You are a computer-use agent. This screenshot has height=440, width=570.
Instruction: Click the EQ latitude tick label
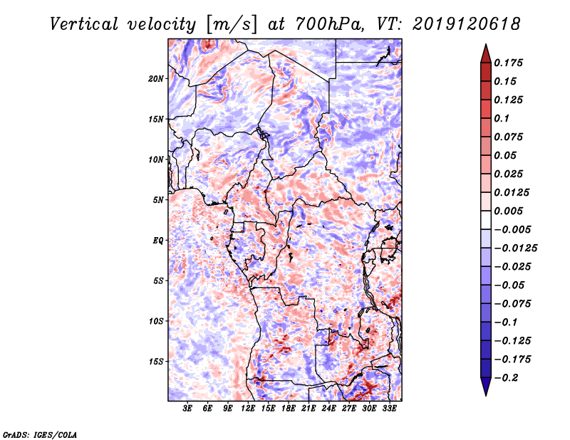point(158,241)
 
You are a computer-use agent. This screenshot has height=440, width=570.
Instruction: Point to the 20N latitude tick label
point(156,78)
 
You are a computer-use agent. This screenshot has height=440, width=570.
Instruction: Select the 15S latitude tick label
point(156,362)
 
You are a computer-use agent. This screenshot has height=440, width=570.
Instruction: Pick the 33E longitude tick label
point(389,409)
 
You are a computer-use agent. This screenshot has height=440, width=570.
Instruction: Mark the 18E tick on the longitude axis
point(289,409)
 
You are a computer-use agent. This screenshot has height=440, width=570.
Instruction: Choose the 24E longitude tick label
point(328,409)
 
